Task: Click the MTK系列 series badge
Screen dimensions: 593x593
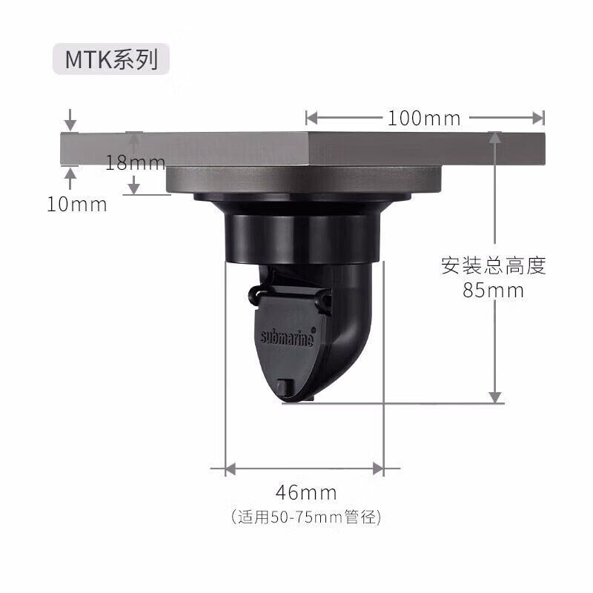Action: coord(110,59)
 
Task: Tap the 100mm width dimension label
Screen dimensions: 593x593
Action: coord(424,118)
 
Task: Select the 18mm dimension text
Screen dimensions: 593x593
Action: coord(135,162)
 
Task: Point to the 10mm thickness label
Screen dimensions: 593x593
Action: coord(77,205)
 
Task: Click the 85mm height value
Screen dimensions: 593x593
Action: coord(493,291)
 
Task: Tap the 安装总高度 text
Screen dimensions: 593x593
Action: coord(494,265)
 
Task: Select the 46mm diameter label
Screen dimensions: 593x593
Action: coord(306,492)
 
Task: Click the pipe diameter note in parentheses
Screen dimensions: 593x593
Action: coord(306,517)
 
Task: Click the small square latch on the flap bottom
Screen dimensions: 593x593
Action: coord(285,387)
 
